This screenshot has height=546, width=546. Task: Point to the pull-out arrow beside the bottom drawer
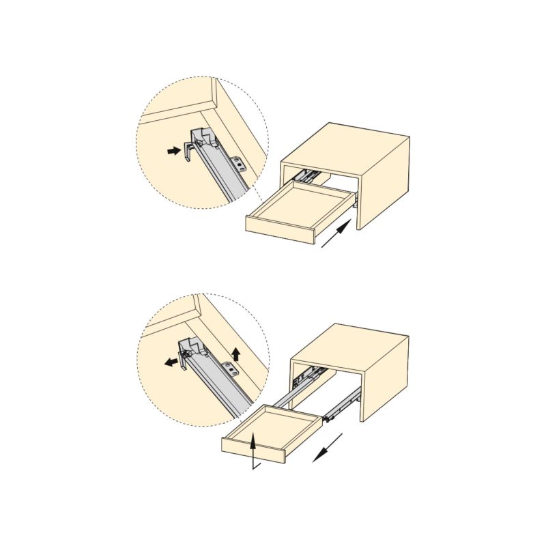327,448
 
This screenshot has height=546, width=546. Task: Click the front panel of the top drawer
280,229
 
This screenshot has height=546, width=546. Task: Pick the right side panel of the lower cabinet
386,379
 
